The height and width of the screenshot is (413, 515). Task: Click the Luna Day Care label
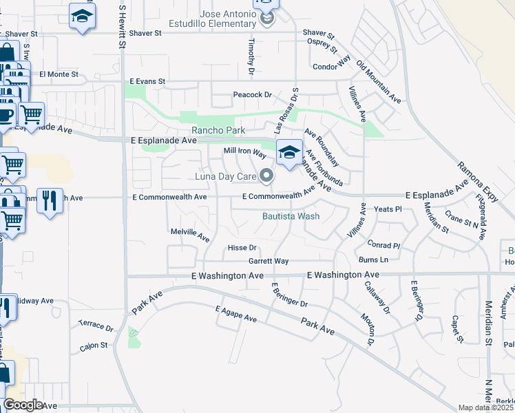pos(224,178)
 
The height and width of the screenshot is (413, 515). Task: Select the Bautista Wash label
pos(291,215)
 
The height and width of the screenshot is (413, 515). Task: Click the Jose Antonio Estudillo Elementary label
pos(227,19)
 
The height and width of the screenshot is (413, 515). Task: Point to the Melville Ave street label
pos(190,235)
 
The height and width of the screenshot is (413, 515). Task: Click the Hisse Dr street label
pos(242,248)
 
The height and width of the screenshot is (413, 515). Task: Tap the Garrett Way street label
pos(269,262)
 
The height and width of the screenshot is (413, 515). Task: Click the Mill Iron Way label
pos(244,151)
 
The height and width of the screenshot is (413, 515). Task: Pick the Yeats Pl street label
pos(387,209)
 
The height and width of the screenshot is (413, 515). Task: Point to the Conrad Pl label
pos(383,245)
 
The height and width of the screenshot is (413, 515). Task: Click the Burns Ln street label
pos(374,260)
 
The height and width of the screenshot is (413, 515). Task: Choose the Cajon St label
pos(94,346)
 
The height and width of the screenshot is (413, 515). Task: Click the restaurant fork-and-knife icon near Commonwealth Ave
pos(50,200)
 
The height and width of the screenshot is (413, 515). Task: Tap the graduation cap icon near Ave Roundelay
pos(290,152)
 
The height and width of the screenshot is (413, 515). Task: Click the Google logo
pos(23,405)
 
